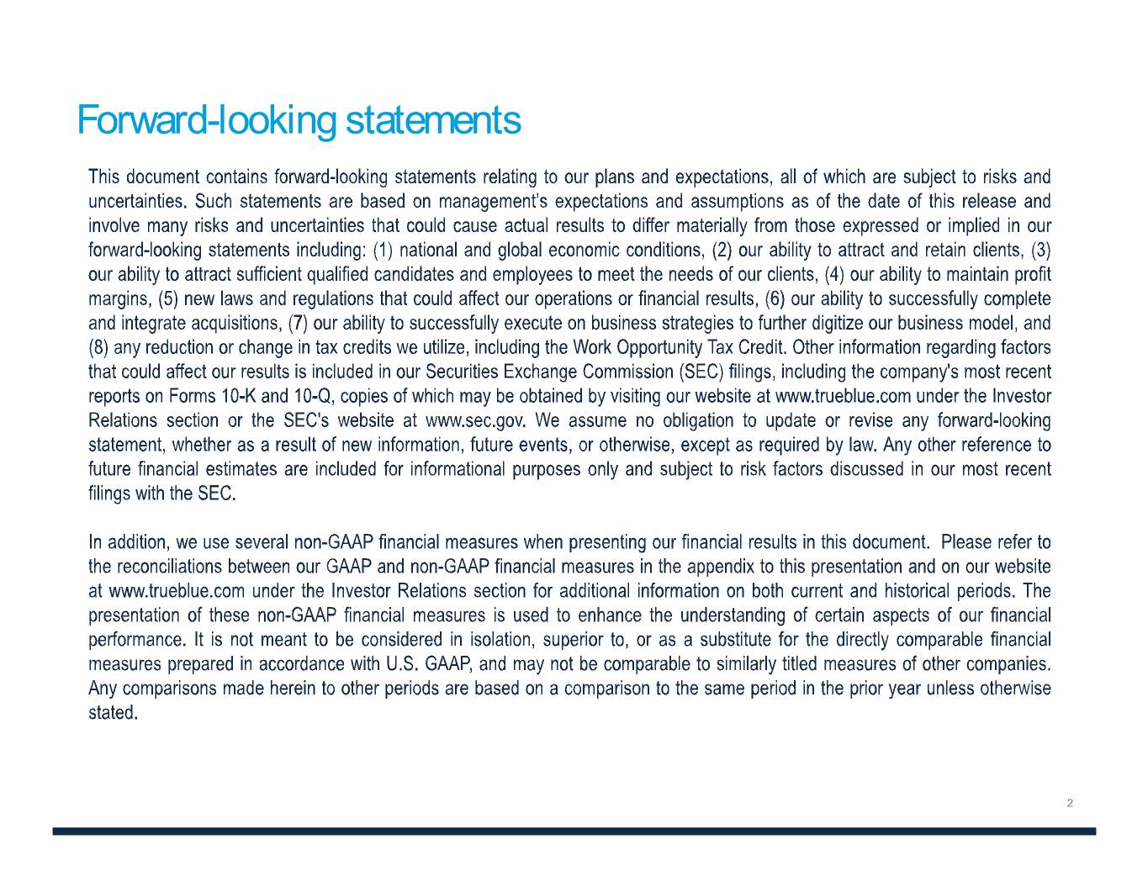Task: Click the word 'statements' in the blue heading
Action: point(433,120)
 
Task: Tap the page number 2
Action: point(1070,803)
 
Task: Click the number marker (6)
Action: point(774,299)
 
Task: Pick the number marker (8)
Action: point(98,348)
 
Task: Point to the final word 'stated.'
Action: point(113,713)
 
